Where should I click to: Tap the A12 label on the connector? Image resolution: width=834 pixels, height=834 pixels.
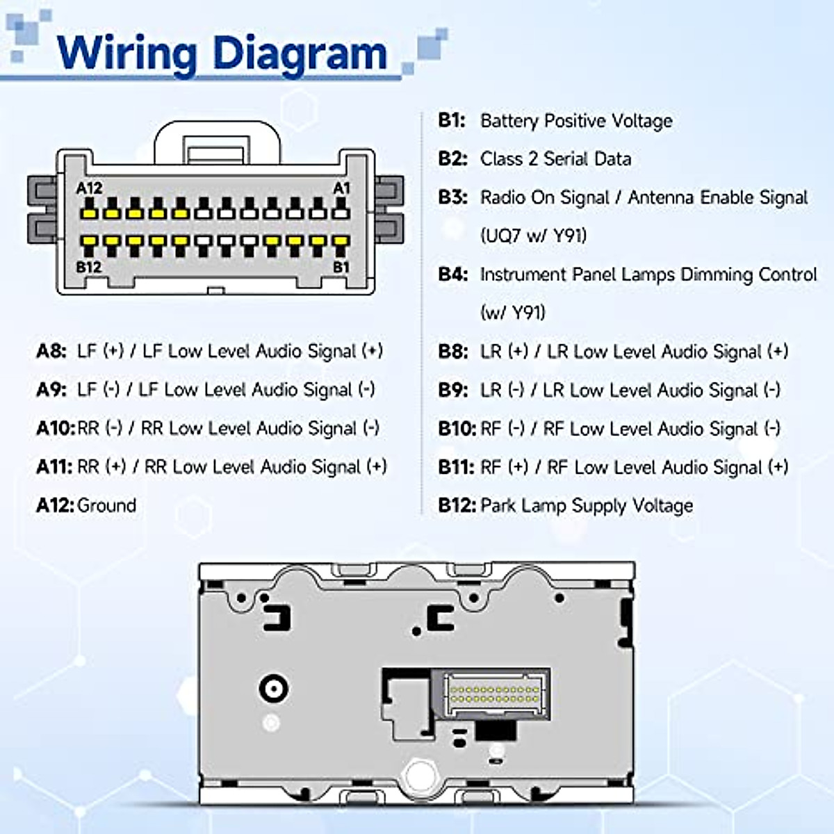[89, 188]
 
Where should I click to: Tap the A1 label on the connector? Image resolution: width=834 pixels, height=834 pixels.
[341, 188]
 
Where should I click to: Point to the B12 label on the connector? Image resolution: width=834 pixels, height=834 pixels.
[89, 267]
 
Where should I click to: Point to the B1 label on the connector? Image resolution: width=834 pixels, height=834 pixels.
[341, 267]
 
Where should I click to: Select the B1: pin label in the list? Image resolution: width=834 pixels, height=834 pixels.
[451, 120]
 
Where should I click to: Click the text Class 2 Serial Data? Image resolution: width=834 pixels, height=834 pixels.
[555, 159]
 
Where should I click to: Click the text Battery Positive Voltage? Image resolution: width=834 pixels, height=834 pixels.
[576, 121]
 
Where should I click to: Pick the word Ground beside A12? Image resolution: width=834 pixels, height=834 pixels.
[107, 505]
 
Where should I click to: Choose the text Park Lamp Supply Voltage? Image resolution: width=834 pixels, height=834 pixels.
[587, 505]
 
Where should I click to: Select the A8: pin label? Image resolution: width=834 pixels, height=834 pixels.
[51, 351]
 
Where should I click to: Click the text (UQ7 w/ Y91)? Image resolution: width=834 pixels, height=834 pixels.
[533, 236]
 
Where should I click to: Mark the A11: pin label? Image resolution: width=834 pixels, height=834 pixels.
[54, 467]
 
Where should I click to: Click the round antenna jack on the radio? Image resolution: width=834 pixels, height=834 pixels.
[273, 689]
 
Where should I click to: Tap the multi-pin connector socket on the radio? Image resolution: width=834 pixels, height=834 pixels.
[494, 693]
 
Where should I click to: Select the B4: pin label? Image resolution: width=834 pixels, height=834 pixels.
[452, 275]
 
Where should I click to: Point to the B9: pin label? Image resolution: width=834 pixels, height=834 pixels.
[452, 390]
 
